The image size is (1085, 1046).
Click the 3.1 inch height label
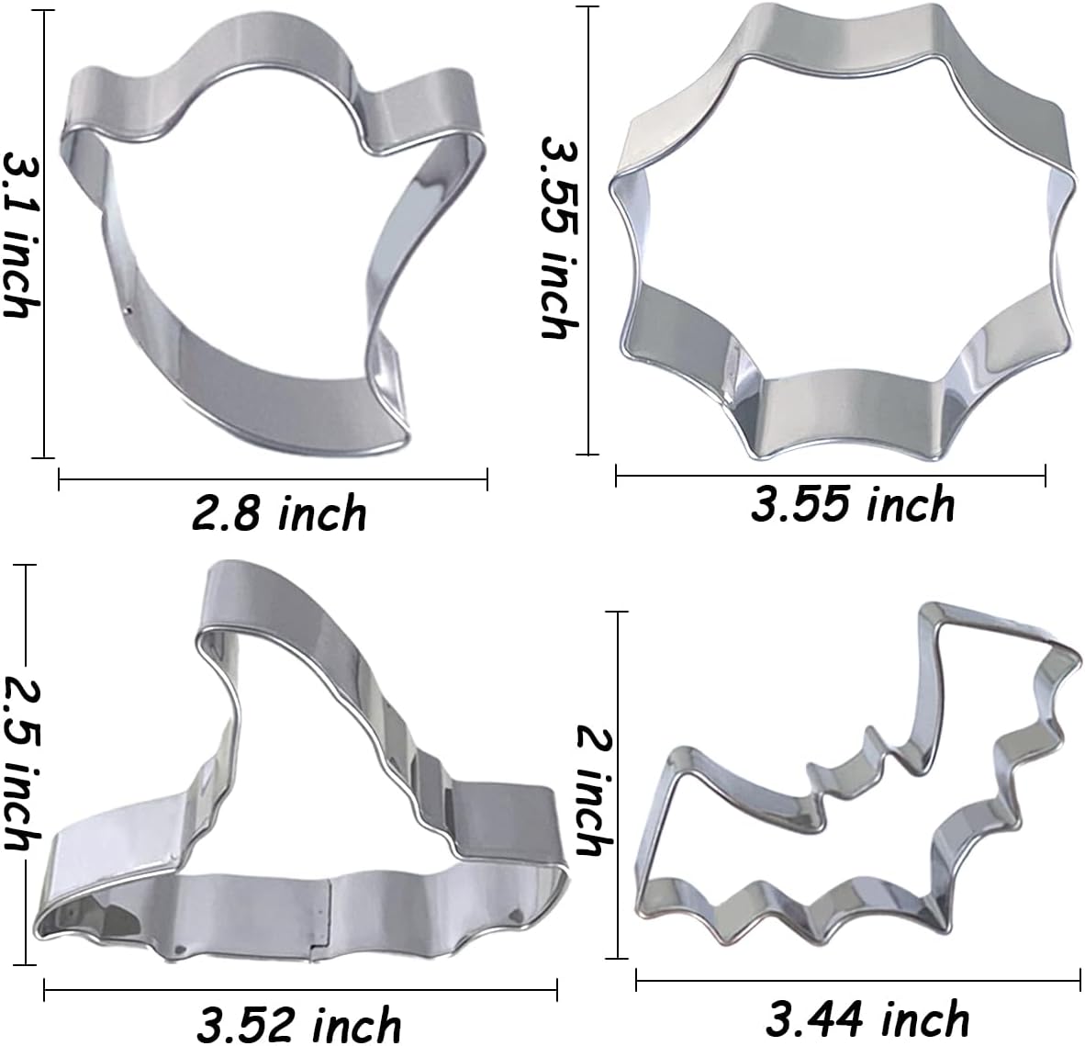[x=20, y=235]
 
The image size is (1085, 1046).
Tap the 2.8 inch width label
[x=279, y=513]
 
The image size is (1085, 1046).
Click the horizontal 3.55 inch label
[x=853, y=505]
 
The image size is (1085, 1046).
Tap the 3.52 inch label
[x=299, y=1023]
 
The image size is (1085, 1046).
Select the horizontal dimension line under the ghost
[x=273, y=478]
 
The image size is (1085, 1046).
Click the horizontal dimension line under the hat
[x=300, y=988]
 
